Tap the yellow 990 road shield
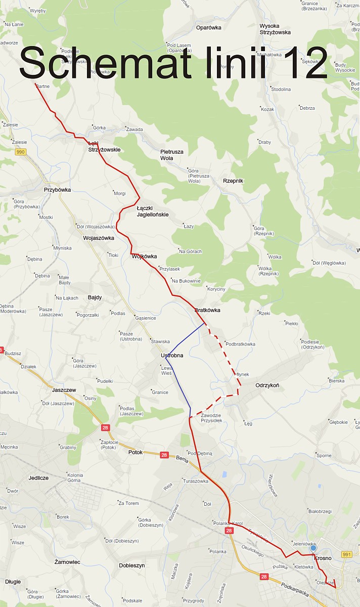tap(21, 152)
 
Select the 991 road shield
tap(346, 554)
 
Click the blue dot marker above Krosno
tap(313, 548)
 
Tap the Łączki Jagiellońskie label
tap(152, 211)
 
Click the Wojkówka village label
tap(144, 256)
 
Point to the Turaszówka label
tap(196, 481)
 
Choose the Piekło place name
tap(292, 323)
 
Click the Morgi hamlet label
tap(120, 193)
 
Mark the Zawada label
tap(135, 129)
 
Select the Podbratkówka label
tap(241, 344)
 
